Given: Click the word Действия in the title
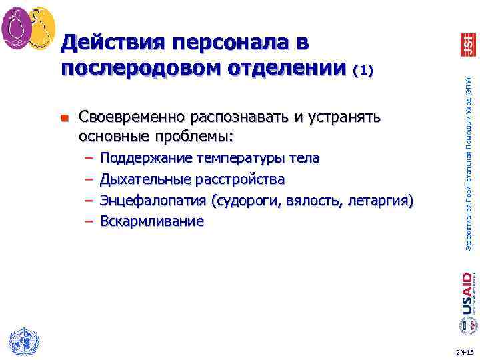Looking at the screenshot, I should pyautogui.click(x=107, y=43).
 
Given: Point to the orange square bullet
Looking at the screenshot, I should pyautogui.click(x=65, y=119).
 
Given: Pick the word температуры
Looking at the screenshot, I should pyautogui.click(x=241, y=159).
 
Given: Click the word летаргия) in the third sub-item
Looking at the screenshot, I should pyautogui.click(x=380, y=200).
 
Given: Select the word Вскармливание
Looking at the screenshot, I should pyautogui.click(x=152, y=221).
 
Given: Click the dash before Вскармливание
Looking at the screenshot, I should pyautogui.click(x=89, y=221).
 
